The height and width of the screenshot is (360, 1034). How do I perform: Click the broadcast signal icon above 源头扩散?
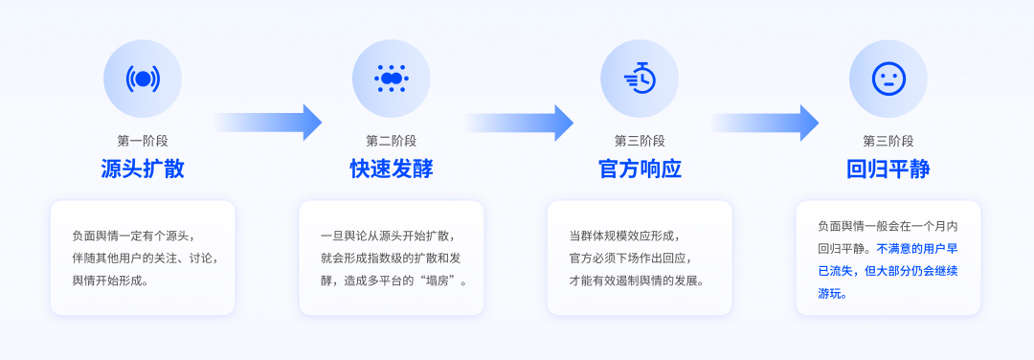click(143, 79)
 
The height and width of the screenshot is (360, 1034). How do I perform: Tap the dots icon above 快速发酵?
click(391, 79)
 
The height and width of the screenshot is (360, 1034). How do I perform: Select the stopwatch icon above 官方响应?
click(640, 79)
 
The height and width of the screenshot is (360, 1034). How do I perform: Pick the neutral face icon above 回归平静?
click(888, 79)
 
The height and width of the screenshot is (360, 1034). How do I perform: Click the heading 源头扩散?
click(143, 169)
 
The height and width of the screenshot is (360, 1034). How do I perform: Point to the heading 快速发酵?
click(391, 169)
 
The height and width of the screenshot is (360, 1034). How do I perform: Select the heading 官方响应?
click(640, 169)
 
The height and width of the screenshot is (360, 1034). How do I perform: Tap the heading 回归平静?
click(888, 169)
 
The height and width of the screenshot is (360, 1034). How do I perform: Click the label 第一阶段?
click(143, 141)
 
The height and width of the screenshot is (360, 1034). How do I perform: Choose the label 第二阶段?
click(391, 141)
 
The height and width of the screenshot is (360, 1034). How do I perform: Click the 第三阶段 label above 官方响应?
click(640, 141)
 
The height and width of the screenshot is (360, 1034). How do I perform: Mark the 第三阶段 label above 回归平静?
click(888, 141)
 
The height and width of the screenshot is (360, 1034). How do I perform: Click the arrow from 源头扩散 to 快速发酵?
click(267, 123)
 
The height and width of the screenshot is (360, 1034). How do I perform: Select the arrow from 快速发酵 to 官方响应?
click(518, 123)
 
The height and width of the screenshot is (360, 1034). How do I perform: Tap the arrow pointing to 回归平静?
click(764, 123)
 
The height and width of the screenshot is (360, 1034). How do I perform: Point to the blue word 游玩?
click(832, 294)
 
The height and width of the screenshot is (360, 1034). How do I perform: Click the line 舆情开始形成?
click(110, 281)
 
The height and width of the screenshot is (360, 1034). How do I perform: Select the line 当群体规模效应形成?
click(622, 236)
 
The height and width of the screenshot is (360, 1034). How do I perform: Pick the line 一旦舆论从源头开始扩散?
click(387, 236)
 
